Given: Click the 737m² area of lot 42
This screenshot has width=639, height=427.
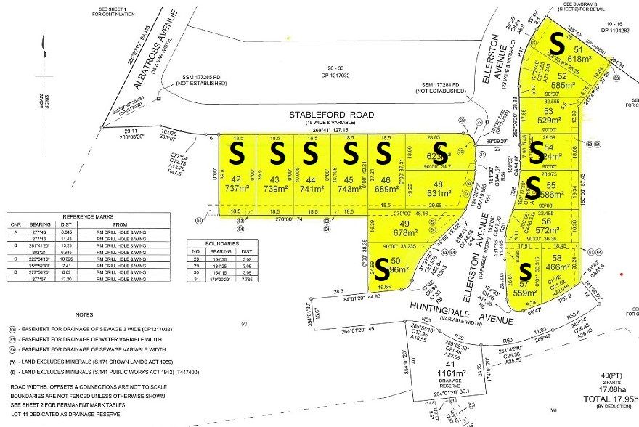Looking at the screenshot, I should (x=237, y=188).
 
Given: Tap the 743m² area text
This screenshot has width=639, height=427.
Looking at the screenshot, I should (x=350, y=188).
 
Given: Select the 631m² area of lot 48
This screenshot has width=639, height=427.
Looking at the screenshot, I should (x=439, y=193).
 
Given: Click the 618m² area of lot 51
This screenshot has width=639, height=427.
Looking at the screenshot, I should (x=560, y=59).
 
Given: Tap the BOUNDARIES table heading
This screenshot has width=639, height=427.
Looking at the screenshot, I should (x=216, y=244).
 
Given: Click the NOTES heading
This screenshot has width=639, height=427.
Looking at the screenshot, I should (x=85, y=314).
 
